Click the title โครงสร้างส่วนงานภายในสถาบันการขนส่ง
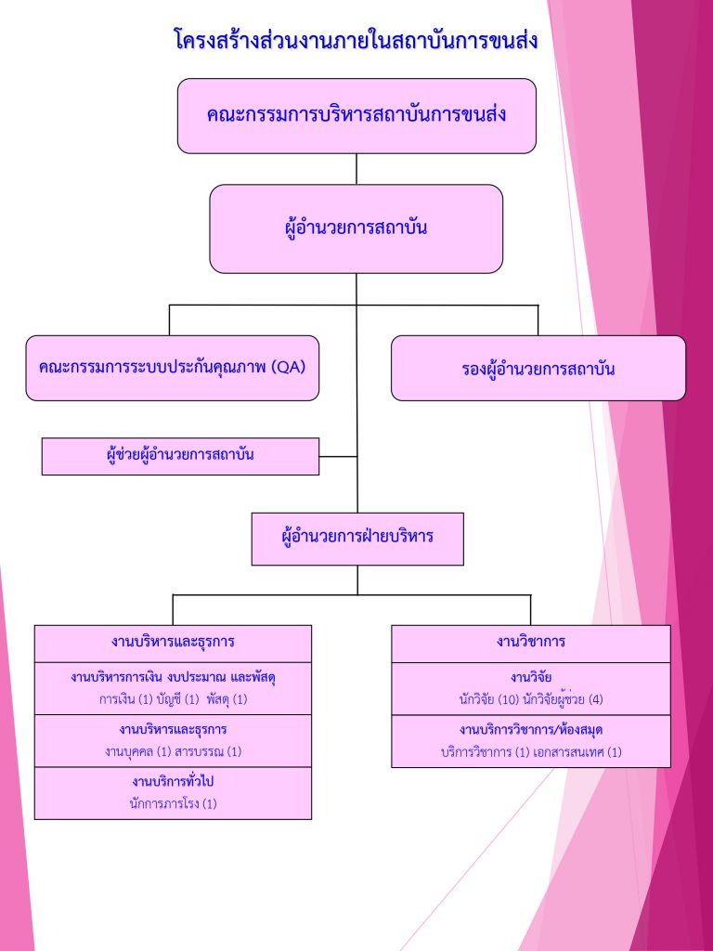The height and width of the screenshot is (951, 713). (356, 41)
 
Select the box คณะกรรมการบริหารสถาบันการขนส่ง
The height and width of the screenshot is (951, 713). (356, 115)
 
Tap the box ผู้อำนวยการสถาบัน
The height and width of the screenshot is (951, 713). (356, 228)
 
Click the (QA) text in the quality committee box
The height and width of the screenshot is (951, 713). (290, 367)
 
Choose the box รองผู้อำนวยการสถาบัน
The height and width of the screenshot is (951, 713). (538, 369)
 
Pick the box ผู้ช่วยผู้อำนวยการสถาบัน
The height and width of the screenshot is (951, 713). (180, 456)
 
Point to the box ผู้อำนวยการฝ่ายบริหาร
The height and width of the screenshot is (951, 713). (357, 538)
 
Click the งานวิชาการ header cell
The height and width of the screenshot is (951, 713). (531, 643)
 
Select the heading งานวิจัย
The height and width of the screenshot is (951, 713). (531, 678)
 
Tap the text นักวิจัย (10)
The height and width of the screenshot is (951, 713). (486, 698)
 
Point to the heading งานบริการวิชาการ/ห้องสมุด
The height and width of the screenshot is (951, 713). (531, 730)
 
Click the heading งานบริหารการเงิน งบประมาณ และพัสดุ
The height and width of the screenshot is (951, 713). (173, 677)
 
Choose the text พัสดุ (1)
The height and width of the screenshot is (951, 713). (227, 698)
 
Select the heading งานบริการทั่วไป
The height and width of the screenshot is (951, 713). (173, 782)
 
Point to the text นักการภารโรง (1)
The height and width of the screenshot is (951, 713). (173, 803)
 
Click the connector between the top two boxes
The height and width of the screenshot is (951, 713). (356, 168)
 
